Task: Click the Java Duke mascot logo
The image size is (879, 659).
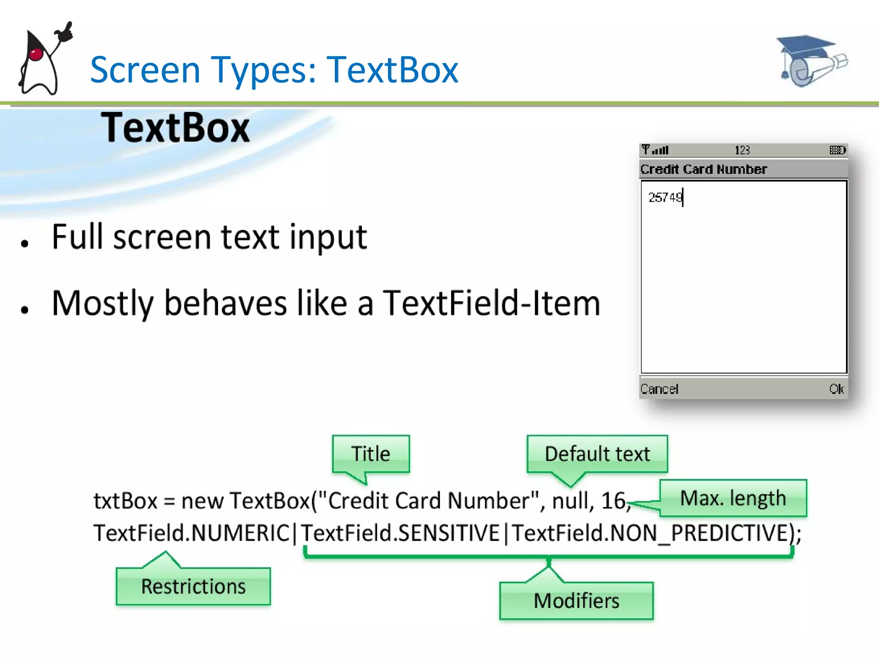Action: point(43,60)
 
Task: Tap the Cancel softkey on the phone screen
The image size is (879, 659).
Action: point(659,389)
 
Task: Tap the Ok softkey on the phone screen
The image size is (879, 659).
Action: point(836,389)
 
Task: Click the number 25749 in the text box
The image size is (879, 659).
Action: point(665,197)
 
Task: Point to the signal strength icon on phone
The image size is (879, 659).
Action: point(655,150)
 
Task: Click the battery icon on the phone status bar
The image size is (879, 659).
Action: point(837,150)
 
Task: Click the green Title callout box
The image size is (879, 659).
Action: point(371,454)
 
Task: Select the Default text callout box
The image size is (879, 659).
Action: point(597,454)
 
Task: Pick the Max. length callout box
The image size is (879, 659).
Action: point(733,498)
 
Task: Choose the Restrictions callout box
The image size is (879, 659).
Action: point(193,586)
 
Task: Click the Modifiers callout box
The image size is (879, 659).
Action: point(576,601)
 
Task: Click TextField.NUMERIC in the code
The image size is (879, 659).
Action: point(192,533)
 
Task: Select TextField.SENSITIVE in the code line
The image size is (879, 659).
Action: point(400,533)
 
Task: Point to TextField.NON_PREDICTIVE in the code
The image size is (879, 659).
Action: point(650,533)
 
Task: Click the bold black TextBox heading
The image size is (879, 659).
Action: point(175,128)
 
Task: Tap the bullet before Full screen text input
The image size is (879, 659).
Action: point(24,243)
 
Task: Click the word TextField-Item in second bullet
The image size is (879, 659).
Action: point(491,303)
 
